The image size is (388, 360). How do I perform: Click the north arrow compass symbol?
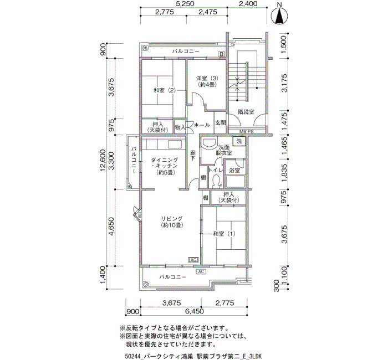[279, 16]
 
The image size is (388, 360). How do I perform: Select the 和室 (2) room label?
[165, 90]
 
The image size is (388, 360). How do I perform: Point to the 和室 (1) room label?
[224, 234]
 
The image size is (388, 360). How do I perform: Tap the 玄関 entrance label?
[220, 122]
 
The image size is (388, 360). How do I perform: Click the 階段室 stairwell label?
[246, 112]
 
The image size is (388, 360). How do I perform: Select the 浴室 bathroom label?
[234, 171]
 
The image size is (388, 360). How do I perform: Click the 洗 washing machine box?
[239, 141]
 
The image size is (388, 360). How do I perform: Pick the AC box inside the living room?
[193, 260]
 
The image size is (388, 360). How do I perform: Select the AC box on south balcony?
[201, 272]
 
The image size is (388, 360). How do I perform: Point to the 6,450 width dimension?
[194, 311]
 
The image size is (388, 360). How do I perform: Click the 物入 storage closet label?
[180, 127]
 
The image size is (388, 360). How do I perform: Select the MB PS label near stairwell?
[247, 132]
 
